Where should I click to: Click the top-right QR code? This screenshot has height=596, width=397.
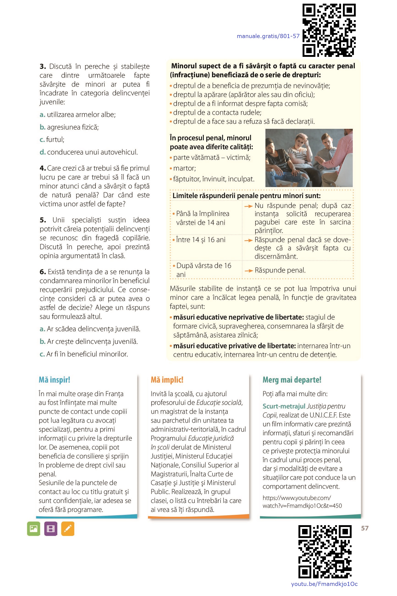[x=329, y=30]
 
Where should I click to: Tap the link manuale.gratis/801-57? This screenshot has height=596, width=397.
[x=268, y=36]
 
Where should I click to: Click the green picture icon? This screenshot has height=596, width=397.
[x=34, y=529]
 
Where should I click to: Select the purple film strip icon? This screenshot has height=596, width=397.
[x=51, y=529]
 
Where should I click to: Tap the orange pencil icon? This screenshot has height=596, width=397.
[x=68, y=529]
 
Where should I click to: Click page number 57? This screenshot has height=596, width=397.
[x=365, y=528]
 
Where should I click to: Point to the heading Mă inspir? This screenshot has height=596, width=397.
[x=54, y=380]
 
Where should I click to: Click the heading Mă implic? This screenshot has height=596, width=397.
[x=167, y=380]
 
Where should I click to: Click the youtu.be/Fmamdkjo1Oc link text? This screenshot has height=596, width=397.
[x=324, y=584]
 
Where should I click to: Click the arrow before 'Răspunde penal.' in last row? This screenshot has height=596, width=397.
[x=249, y=271]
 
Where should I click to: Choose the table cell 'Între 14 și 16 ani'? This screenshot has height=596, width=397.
[x=201, y=240]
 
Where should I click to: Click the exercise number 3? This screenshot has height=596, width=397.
[x=43, y=66]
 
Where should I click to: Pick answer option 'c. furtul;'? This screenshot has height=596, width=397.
[x=52, y=140]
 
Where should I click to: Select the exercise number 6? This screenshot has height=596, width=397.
[x=43, y=272]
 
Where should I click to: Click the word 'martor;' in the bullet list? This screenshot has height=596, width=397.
[x=184, y=168]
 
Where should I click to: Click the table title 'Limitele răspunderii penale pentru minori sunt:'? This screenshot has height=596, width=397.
[x=246, y=196]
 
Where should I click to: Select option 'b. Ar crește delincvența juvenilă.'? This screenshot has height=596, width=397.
[x=89, y=342]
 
